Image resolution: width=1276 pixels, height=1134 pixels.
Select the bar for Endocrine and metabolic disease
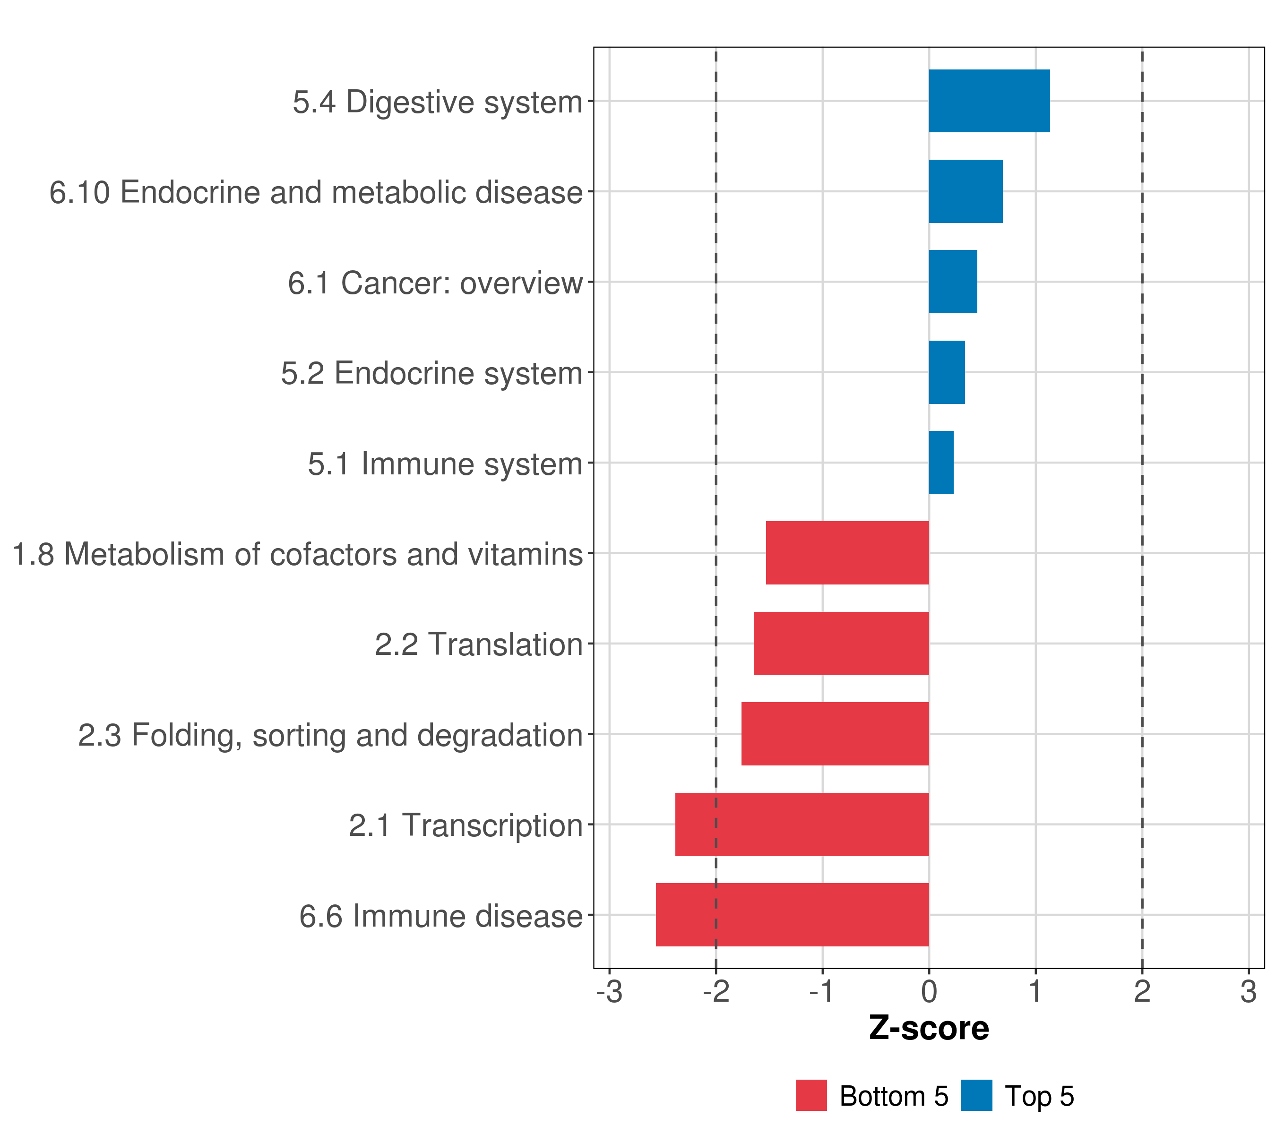click(965, 192)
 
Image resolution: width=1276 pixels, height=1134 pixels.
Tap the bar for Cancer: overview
click(953, 282)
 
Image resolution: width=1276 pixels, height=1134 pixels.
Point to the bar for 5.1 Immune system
click(941, 463)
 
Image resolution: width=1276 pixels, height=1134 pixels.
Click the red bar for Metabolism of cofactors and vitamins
click(847, 553)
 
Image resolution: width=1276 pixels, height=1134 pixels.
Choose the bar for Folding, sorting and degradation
click(835, 734)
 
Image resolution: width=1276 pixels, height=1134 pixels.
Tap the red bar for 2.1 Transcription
click(802, 825)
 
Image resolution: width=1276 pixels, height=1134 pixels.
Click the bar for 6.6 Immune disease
click(792, 915)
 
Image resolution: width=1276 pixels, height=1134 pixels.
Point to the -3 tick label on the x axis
click(609, 992)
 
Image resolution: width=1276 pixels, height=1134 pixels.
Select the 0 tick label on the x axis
click(929, 992)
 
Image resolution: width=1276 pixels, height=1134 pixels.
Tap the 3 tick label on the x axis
click(1248, 992)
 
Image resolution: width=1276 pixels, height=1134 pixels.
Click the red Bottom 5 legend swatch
click(811, 1095)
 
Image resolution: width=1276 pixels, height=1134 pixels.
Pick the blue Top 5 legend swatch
click(976, 1095)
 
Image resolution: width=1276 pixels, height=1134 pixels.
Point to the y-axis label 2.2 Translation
click(479, 644)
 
